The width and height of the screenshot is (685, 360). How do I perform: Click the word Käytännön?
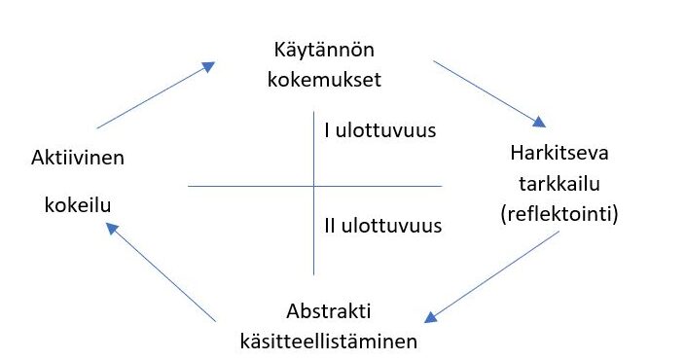coord(324,51)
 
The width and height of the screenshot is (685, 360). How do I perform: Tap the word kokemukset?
coord(324,79)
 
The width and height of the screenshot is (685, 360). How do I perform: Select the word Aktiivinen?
coord(78,158)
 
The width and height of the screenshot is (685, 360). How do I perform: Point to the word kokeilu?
coord(78,204)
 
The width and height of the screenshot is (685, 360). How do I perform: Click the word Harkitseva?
coord(559,153)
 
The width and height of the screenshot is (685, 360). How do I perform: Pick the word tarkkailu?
coord(559,184)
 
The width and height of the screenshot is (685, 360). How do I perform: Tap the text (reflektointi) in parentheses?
coord(559,214)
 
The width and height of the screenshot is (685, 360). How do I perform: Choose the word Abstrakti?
coord(329,311)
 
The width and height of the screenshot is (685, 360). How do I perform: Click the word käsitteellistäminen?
coord(329,341)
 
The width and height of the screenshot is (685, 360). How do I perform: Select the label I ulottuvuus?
coord(380,130)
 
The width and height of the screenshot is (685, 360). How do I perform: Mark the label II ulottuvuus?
coord(383,226)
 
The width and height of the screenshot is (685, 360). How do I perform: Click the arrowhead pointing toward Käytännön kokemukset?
coord(209,66)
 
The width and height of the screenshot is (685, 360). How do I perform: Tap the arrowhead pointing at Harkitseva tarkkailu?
coord(539,122)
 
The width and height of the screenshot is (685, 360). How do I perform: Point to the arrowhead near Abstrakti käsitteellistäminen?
coord(431,317)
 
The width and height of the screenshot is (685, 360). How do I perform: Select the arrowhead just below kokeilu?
coord(112,228)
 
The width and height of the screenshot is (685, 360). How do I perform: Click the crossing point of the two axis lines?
coord(313,186)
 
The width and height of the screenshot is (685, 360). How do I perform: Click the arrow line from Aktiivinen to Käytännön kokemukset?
coord(156,95)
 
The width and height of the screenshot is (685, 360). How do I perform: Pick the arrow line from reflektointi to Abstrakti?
coord(492,277)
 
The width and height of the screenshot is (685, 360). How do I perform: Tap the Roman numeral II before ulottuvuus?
coord(330,226)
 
